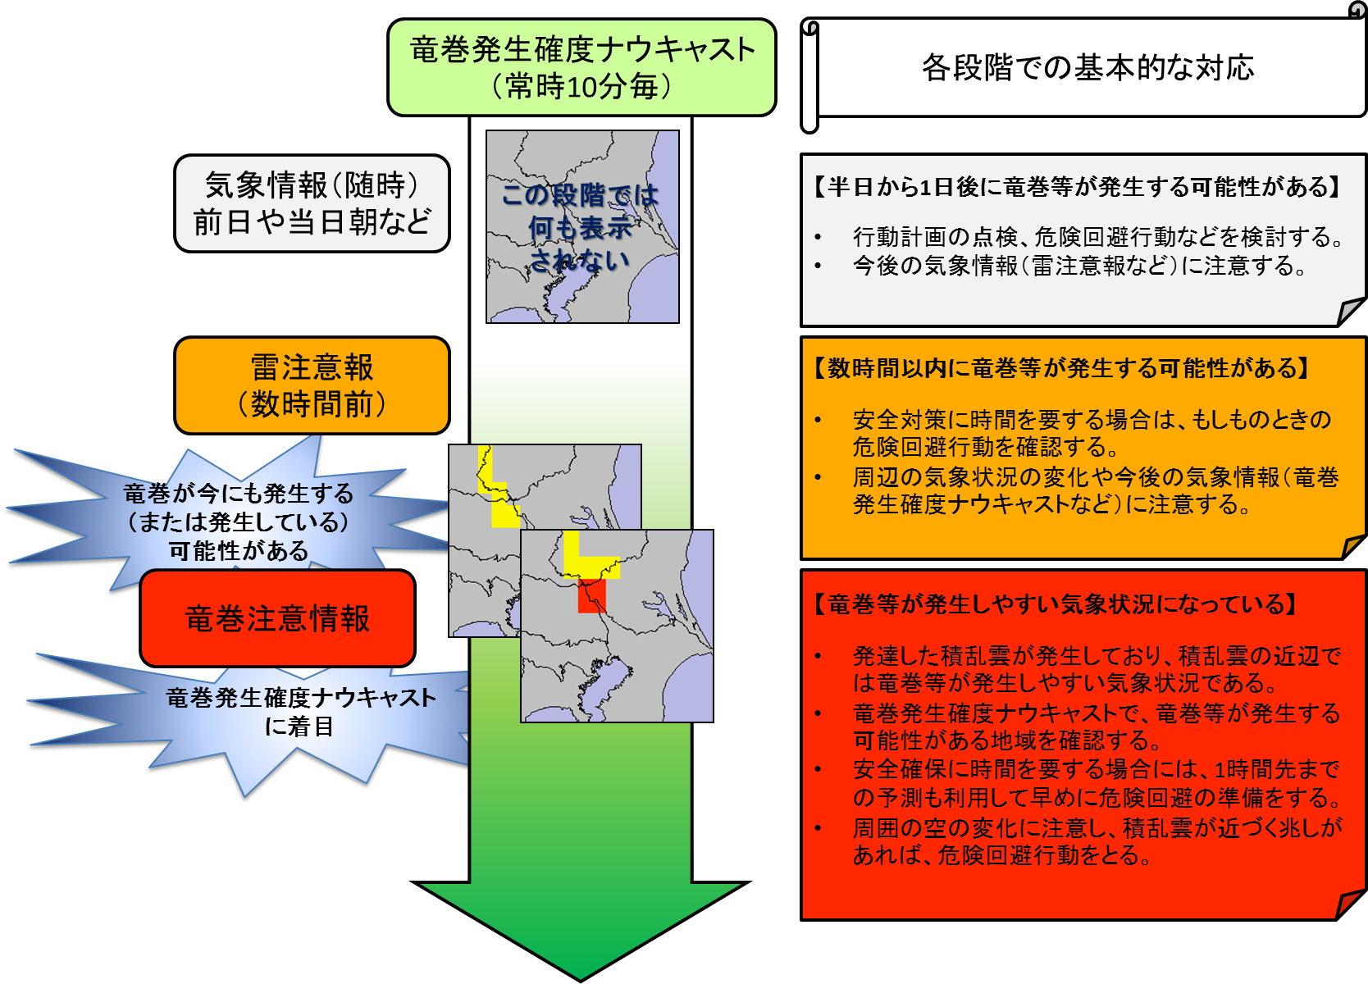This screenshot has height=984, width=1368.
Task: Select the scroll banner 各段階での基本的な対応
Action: (x=1088, y=68)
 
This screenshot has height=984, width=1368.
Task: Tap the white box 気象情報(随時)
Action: (x=312, y=203)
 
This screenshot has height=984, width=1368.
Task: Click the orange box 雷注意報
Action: (x=312, y=385)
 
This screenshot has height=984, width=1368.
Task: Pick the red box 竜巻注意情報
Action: (x=277, y=618)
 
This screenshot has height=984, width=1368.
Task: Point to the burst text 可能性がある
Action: (x=239, y=550)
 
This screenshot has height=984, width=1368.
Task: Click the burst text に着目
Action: (x=299, y=727)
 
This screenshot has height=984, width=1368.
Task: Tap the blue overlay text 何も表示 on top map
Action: (x=580, y=228)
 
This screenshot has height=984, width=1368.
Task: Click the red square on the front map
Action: (x=591, y=595)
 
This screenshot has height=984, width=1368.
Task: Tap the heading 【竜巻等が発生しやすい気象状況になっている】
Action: (x=1054, y=604)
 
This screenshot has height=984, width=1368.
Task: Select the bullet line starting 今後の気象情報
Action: (x=1079, y=266)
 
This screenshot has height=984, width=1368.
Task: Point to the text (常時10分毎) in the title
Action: (x=581, y=86)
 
